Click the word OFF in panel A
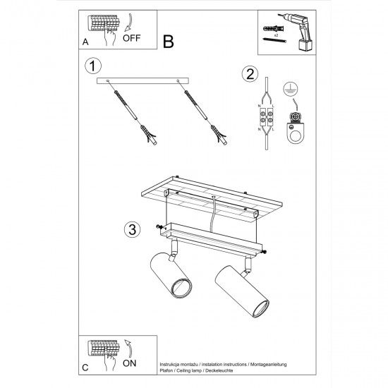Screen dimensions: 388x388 point(133,40)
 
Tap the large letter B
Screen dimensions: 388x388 point(168,42)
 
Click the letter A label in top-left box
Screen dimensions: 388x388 point(85,42)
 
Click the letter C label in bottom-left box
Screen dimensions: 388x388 point(85,368)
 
